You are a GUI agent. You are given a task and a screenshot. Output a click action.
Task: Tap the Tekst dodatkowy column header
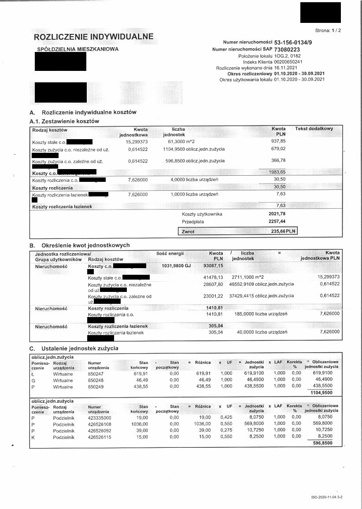tap(314, 129)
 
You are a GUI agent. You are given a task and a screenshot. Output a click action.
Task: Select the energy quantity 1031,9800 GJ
tap(177, 266)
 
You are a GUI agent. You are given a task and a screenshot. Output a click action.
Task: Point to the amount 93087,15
tap(214, 266)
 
